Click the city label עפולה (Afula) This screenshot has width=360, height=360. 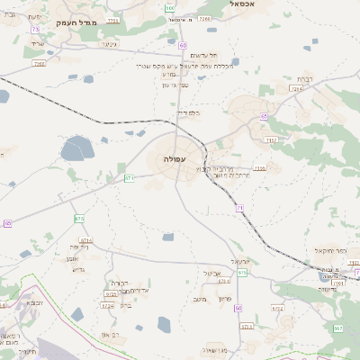(x=175, y=158)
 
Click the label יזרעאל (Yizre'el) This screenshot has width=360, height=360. (x=240, y=261)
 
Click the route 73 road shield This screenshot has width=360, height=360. (x=35, y=30)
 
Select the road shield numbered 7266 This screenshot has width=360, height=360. (x=38, y=63)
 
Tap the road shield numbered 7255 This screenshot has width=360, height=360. (x=112, y=18)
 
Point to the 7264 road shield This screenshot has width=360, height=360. (x=296, y=88)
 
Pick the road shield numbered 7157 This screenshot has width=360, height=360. (x=271, y=139)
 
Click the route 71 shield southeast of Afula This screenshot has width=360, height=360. (x=240, y=208)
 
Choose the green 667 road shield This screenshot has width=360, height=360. (x=338, y=328)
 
